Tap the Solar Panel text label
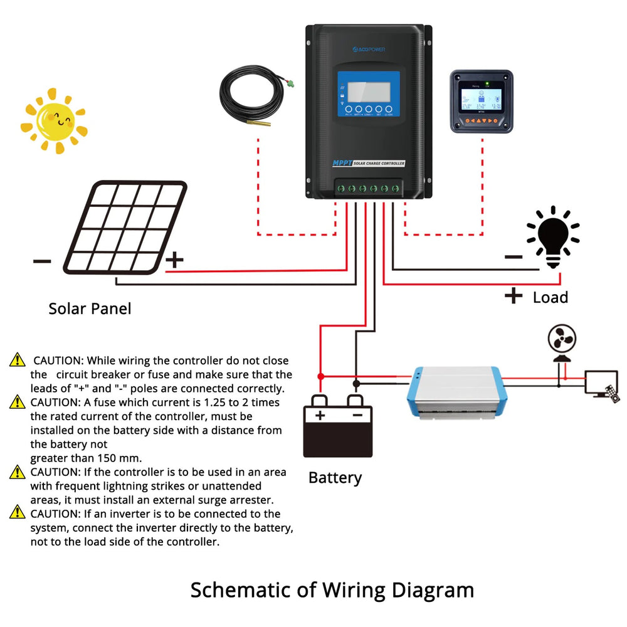pos(90,308)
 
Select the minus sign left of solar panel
pos(41,260)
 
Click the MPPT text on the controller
pos(343,164)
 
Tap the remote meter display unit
pos(482,101)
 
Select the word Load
pos(550,297)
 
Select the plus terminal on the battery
pos(320,414)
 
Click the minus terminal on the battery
pos(356,414)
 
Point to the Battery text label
pos(335,478)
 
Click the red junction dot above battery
pos(320,376)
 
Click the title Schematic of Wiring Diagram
pos(332,590)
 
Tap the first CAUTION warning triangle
pos(17,360)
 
